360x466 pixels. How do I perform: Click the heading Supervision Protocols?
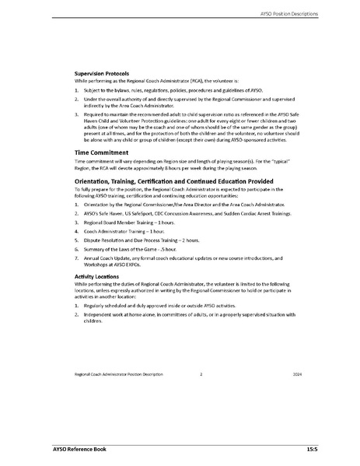coord(106,72)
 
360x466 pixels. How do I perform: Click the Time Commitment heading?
coord(101,152)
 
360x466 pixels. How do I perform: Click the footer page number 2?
coord(201,374)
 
